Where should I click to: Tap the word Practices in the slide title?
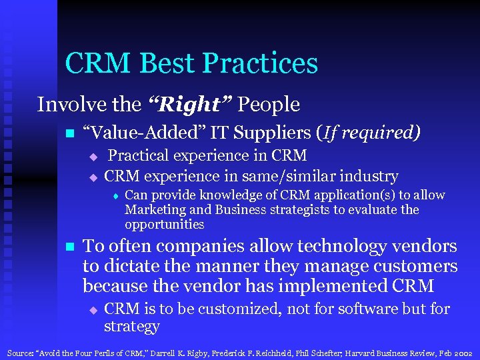(260, 63)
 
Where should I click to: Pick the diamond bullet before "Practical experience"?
(93, 157)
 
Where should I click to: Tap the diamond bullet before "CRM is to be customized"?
(93, 310)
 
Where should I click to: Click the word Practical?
(139, 155)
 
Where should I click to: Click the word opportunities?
(164, 225)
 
